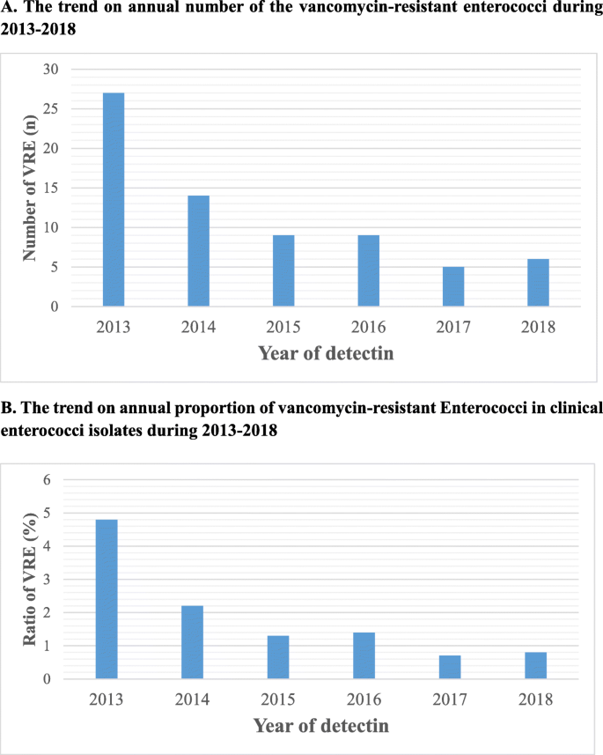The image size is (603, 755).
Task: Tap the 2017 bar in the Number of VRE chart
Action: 453,286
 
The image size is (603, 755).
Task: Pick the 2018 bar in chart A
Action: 538,283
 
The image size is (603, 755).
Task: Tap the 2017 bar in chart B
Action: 449,667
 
